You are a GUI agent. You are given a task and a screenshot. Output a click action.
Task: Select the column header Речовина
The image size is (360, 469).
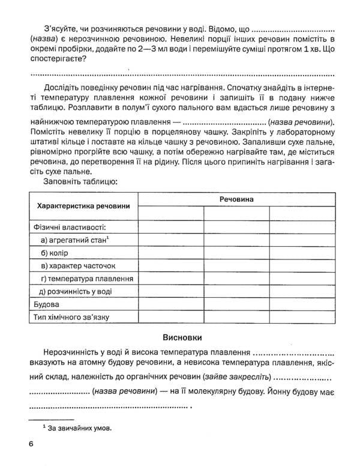pos(236,198)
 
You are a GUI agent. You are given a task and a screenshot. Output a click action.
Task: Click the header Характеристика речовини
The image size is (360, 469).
pos(83,206)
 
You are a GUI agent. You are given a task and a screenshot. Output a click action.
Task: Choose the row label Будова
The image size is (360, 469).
pos(43,304)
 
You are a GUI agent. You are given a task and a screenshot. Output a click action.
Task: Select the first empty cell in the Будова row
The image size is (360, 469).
pos(170,304)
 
